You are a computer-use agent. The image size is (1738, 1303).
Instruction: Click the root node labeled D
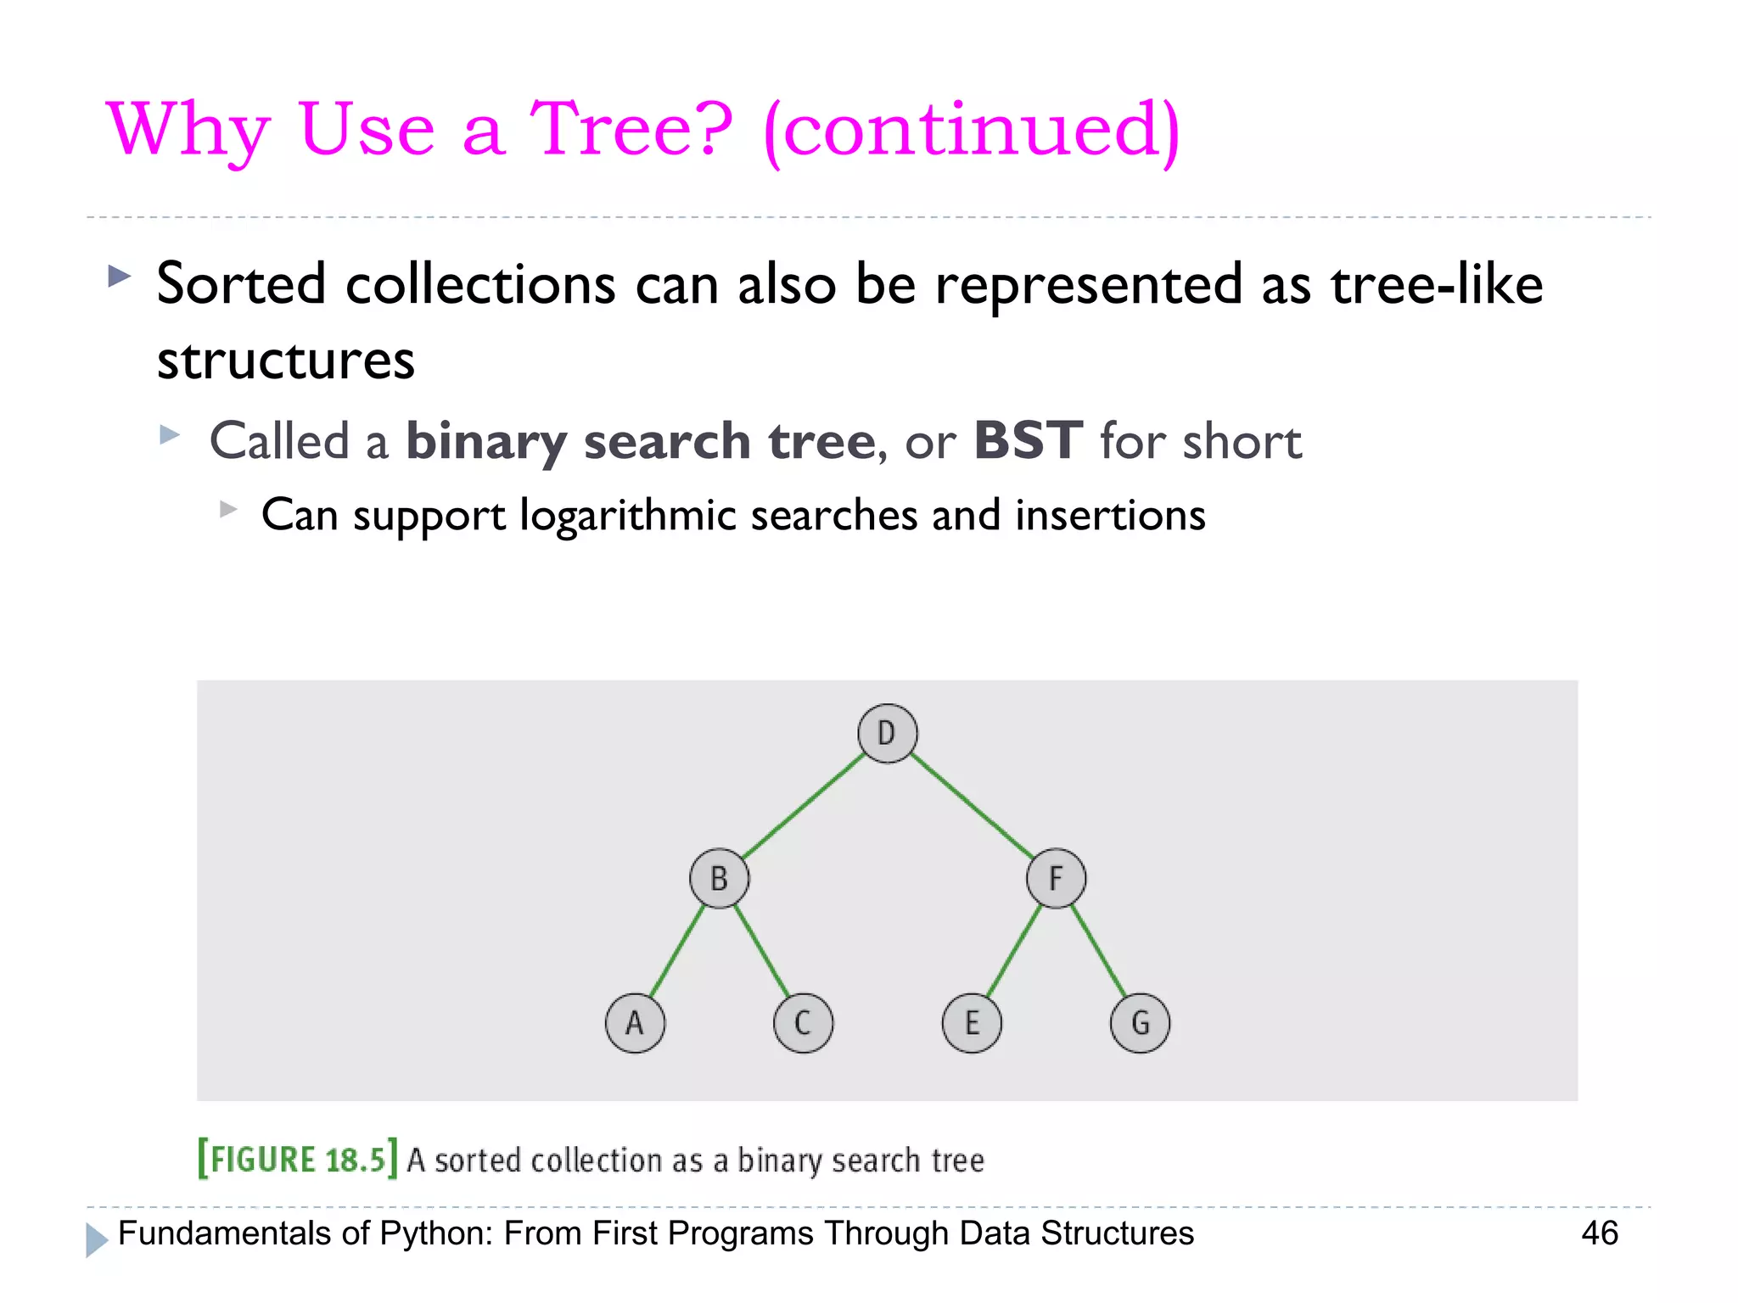tap(887, 733)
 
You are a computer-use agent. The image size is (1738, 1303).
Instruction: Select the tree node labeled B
tap(719, 878)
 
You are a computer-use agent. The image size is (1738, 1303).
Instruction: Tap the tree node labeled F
tap(1056, 878)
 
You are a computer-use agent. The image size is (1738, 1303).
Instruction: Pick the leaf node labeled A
tap(635, 1023)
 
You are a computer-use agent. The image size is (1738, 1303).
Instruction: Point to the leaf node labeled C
tap(803, 1023)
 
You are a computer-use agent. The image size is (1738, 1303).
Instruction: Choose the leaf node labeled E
tap(972, 1023)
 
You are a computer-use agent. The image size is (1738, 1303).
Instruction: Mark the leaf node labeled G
tap(1140, 1023)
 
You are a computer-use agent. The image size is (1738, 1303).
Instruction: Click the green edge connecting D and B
tap(803, 805)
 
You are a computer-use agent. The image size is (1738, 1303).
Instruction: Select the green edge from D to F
tap(972, 805)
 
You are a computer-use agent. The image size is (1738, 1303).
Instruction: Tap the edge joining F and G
tap(1098, 950)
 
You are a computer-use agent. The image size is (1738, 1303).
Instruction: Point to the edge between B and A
tap(677, 950)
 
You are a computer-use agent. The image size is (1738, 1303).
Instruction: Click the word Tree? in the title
tap(631, 129)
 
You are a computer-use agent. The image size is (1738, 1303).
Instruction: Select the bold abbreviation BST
tap(1028, 440)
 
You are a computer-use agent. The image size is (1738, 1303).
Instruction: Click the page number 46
tap(1599, 1233)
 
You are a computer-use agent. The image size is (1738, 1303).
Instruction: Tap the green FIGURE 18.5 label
tap(297, 1159)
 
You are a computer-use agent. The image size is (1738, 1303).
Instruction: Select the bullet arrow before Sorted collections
tap(120, 276)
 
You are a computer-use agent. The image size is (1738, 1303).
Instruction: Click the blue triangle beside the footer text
tap(97, 1239)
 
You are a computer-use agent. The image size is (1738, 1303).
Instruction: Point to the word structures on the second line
tap(286, 361)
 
